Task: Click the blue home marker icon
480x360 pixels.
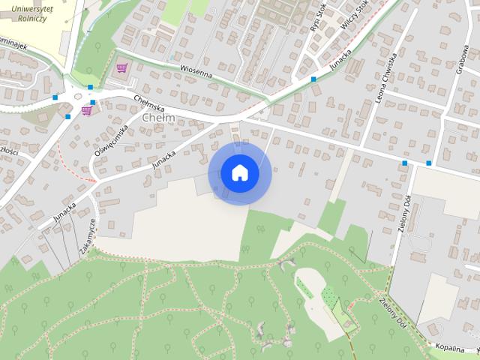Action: (239, 172)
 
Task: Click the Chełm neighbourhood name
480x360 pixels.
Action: (158, 118)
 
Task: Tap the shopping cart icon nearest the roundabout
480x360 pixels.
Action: (86, 111)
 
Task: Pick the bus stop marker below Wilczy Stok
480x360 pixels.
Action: (313, 79)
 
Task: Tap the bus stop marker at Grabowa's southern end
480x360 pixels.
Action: (429, 163)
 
